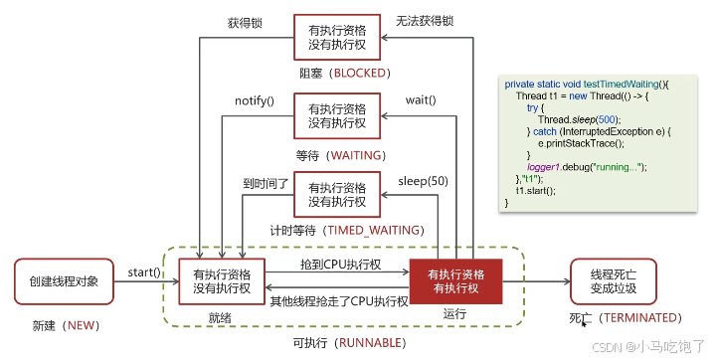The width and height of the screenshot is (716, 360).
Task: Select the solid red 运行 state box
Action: click(455, 281)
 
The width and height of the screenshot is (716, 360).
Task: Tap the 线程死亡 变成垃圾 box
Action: click(614, 281)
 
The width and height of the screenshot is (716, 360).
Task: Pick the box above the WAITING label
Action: click(337, 115)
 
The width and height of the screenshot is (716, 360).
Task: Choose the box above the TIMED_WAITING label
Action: click(337, 194)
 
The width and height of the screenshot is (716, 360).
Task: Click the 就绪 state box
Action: click(223, 281)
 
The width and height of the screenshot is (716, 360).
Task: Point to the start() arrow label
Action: click(145, 271)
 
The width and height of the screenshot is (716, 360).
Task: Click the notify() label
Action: click(255, 101)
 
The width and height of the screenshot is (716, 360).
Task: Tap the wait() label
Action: click(422, 101)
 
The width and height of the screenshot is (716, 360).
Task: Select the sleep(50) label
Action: click(423, 181)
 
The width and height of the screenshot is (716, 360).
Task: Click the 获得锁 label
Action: click(244, 22)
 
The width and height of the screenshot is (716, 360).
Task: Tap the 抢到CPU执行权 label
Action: click(340, 265)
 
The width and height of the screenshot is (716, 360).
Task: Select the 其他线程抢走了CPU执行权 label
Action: click(338, 297)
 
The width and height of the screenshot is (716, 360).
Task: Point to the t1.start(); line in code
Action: click(535, 190)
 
